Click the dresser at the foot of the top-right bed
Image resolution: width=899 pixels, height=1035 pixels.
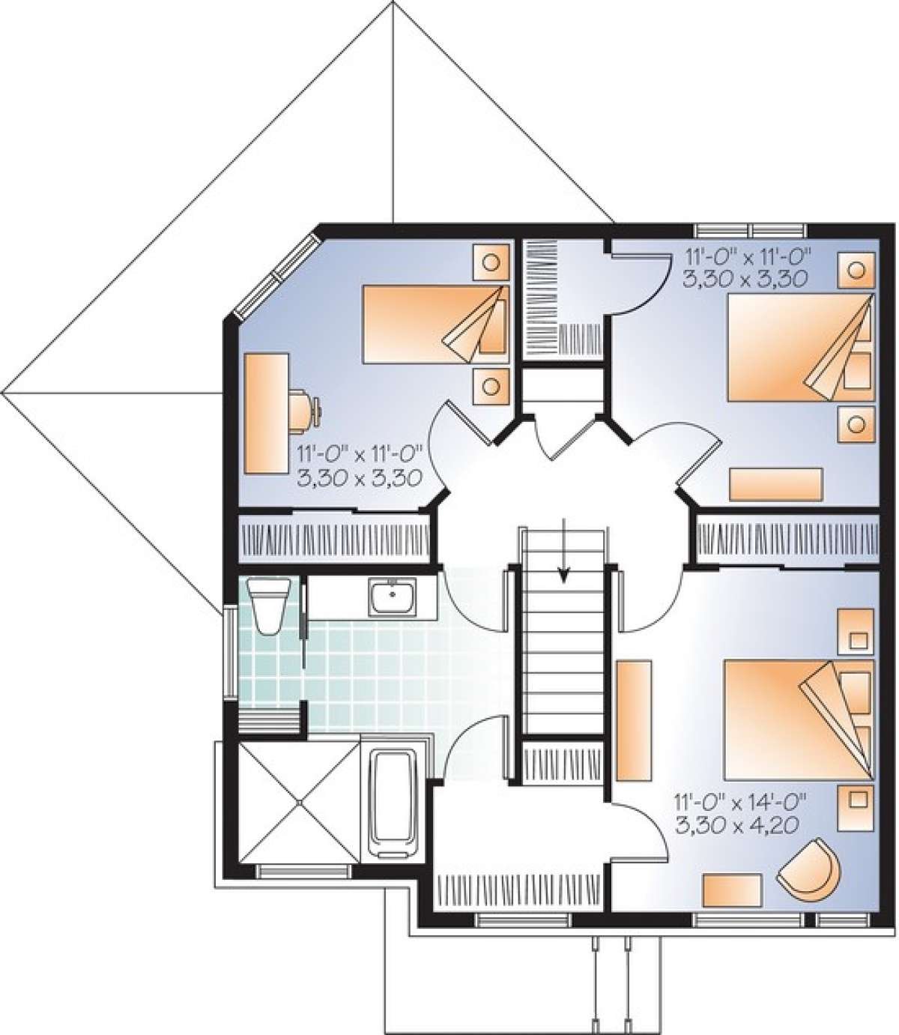pyautogui.click(x=776, y=484)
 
